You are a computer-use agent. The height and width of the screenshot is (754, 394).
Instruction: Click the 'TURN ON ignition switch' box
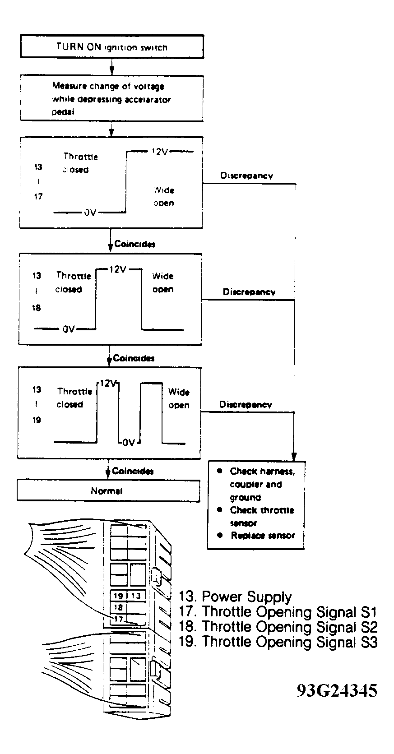pyautogui.click(x=111, y=46)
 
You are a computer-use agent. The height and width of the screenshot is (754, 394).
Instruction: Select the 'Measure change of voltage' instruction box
pyautogui.click(x=111, y=98)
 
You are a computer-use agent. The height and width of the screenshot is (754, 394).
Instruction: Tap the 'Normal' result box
pyautogui.click(x=108, y=491)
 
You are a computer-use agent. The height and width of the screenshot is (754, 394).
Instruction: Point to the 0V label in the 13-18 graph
pyautogui.click(x=69, y=329)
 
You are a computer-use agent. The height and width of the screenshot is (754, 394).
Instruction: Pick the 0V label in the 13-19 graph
pyautogui.click(x=129, y=443)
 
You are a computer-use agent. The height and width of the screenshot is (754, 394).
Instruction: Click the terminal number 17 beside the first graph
pyautogui.click(x=38, y=196)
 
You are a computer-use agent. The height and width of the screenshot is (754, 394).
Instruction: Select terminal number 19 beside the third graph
pyautogui.click(x=37, y=420)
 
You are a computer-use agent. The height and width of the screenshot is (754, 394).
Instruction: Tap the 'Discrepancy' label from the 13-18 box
pyautogui.click(x=249, y=292)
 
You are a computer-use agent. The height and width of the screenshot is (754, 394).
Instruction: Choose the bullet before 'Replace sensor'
pyautogui.click(x=220, y=535)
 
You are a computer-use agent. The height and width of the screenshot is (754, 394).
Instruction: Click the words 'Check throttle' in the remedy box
pyautogui.click(x=262, y=510)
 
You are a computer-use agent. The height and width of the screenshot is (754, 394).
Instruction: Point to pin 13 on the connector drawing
pyautogui.click(x=136, y=596)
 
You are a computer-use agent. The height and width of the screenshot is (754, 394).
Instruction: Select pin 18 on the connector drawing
pyautogui.click(x=118, y=607)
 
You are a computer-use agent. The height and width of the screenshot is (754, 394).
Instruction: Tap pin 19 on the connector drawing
pyautogui.click(x=118, y=596)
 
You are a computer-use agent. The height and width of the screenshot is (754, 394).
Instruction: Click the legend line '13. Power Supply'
pyautogui.click(x=235, y=597)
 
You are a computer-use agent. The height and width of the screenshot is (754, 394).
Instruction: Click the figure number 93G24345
pyautogui.click(x=337, y=691)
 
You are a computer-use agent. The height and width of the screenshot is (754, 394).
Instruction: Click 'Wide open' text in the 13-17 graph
pyautogui.click(x=163, y=197)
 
